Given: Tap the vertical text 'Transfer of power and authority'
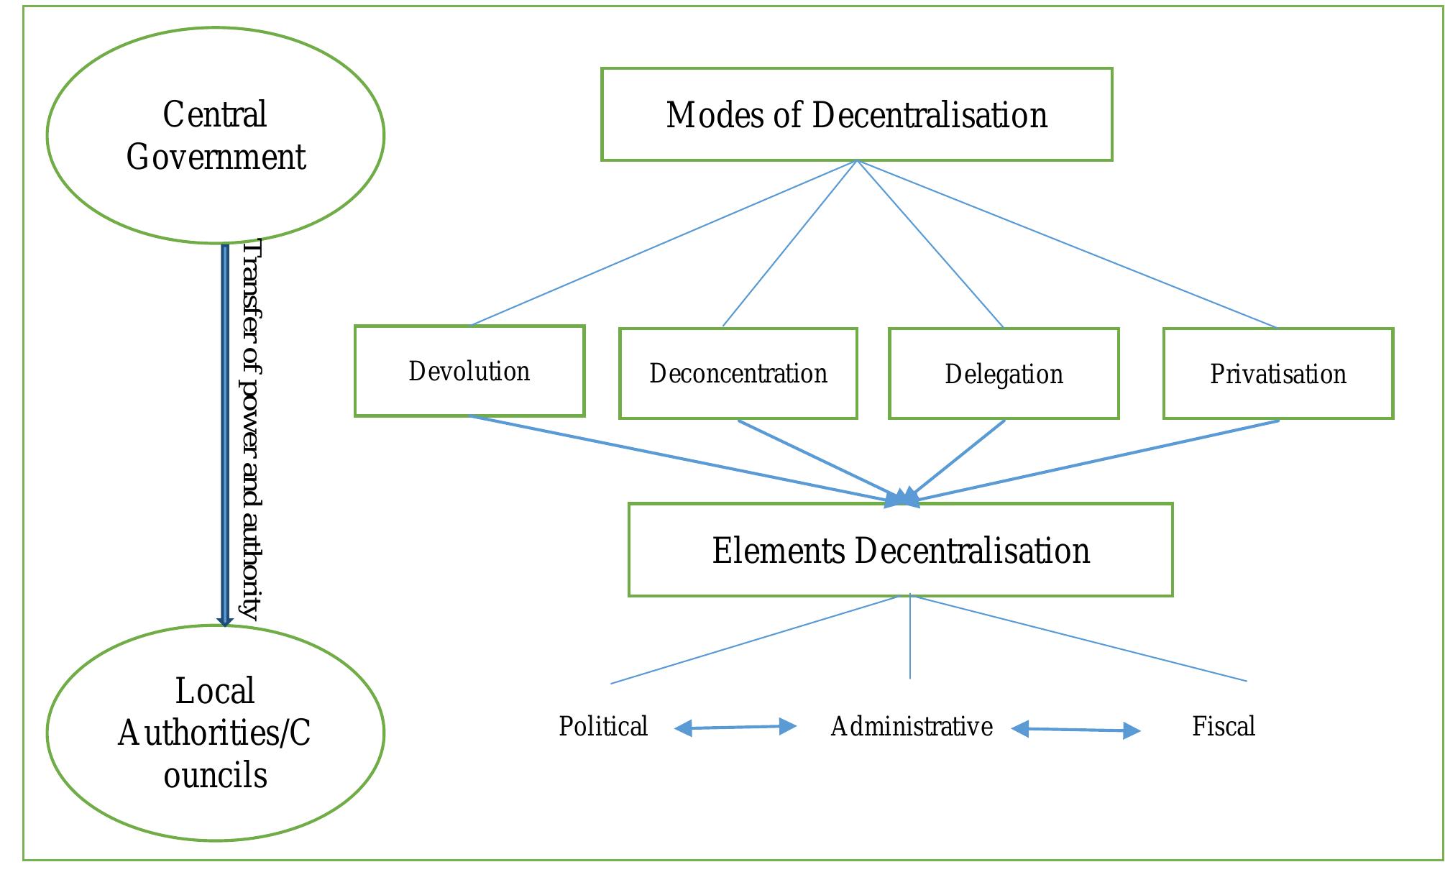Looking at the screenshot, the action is point(251,430).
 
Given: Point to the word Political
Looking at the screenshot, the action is point(603,726).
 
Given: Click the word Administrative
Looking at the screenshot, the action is point(912,726).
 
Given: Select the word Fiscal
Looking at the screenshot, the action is point(1224,726).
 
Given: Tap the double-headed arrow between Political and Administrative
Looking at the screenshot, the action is point(735,728).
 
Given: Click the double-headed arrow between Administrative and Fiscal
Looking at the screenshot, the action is point(1075,730).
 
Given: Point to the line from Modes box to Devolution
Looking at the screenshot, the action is point(664,243).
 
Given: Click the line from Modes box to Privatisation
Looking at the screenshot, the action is point(1068,244).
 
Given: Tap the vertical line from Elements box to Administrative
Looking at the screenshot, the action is point(910,636).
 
